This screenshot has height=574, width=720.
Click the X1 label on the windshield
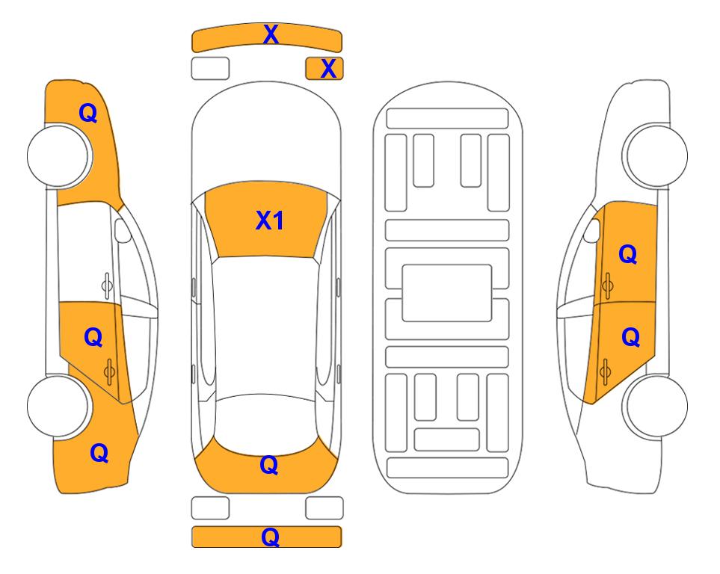[270, 220]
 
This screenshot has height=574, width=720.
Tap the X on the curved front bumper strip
[271, 34]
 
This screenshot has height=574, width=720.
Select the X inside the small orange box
[328, 69]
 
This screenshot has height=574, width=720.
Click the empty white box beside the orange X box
[210, 69]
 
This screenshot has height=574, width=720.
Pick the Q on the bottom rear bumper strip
[271, 537]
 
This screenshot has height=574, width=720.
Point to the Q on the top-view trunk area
[269, 465]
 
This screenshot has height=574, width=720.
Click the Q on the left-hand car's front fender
[88, 113]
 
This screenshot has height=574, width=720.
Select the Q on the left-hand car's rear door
[93, 338]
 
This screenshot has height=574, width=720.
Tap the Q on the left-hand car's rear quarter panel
[99, 453]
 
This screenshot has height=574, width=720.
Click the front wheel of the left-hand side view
[58, 156]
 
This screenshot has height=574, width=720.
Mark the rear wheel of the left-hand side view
[58, 406]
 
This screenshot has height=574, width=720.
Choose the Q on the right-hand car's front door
[628, 254]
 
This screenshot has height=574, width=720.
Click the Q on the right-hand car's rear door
[631, 338]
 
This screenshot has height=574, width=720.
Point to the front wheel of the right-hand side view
[656, 156]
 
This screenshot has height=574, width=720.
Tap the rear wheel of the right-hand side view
[656, 406]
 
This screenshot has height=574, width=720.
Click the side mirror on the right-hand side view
[591, 230]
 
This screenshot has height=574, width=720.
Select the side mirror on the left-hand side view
[123, 230]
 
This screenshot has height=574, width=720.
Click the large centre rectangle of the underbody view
[447, 293]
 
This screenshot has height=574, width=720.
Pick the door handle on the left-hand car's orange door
[109, 371]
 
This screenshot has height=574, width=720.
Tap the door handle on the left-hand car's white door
[106, 286]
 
